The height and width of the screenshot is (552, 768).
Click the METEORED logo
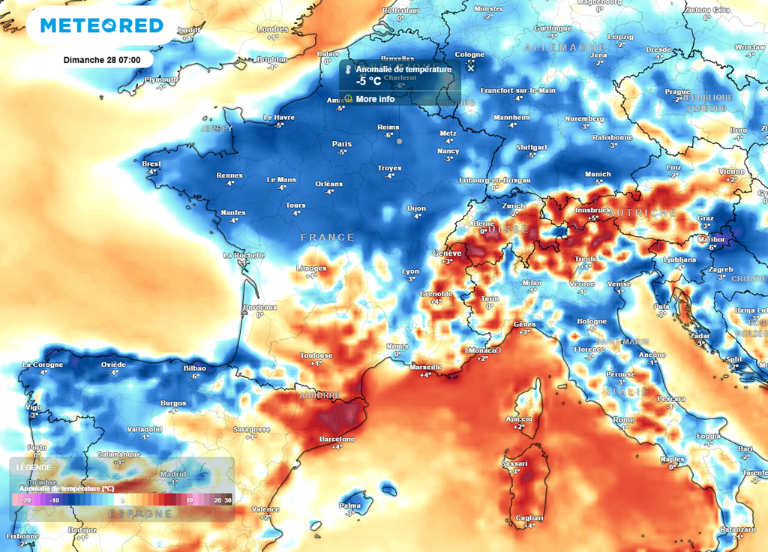[x=102, y=25]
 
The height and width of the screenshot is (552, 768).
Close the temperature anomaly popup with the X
[x=471, y=68]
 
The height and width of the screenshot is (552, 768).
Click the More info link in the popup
[x=375, y=99]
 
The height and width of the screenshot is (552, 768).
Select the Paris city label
[x=342, y=143]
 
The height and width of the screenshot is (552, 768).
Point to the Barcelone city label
[x=337, y=439]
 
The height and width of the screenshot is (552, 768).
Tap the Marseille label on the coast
[x=426, y=367]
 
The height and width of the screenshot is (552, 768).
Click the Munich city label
[x=598, y=174]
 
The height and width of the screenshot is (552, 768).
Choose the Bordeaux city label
[x=260, y=307]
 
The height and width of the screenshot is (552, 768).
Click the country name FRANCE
[x=327, y=238]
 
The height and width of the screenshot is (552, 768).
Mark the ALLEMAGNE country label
[x=555, y=47]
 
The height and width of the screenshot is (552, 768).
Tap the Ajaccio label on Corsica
[x=518, y=418]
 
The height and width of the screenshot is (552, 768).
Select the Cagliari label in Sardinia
[x=529, y=518]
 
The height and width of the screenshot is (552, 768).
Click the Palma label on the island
[x=349, y=505]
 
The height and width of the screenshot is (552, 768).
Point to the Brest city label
[x=151, y=163]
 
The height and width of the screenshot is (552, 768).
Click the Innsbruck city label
[x=592, y=211]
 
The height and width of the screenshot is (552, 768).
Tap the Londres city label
[x=272, y=29]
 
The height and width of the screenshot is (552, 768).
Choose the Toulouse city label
[x=316, y=355]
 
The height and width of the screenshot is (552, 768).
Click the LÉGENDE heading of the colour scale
[x=30, y=466]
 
